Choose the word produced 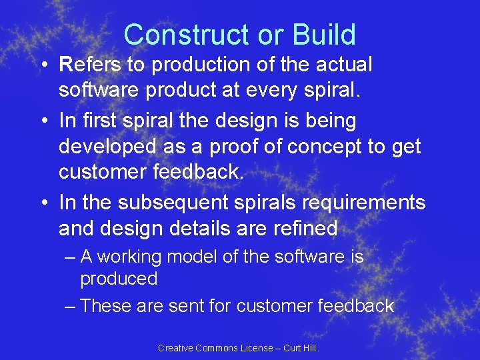coord(119,279)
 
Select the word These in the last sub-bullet coord(105,306)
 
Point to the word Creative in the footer coord(175,348)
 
